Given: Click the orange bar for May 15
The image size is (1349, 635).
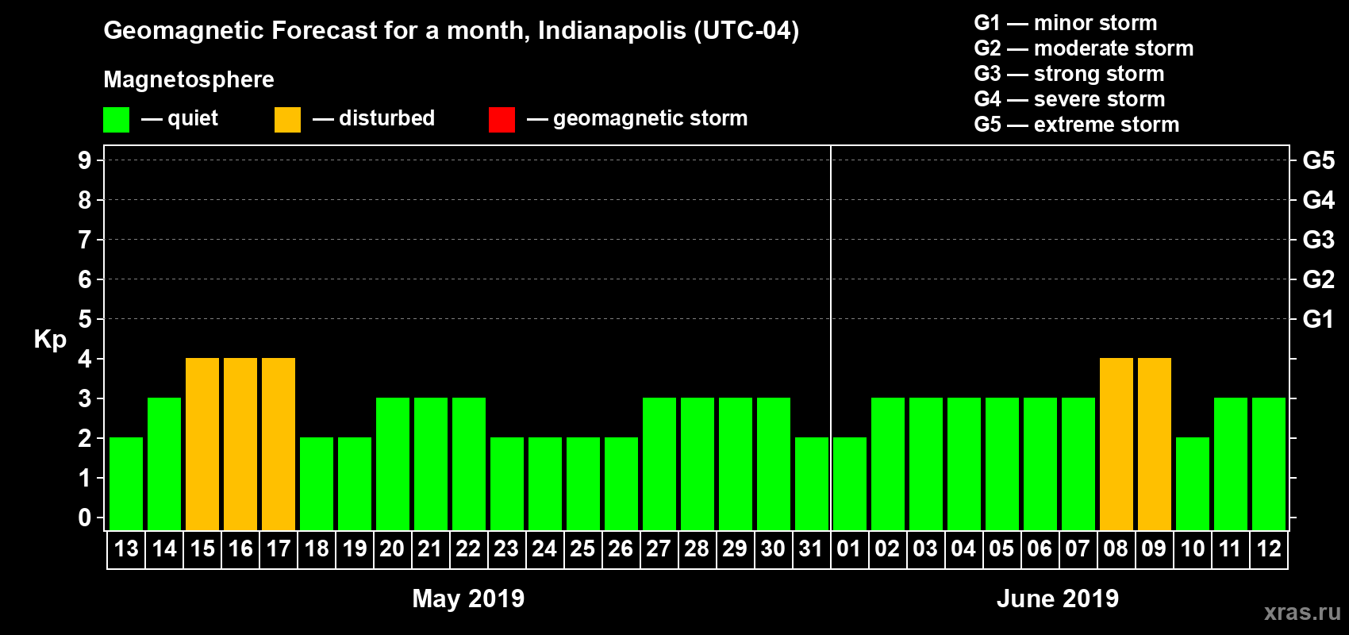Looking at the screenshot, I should pyautogui.click(x=202, y=444).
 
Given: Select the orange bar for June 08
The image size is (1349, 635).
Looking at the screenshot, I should pyautogui.click(x=1116, y=444).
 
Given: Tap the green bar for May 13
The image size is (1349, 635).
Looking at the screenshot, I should pyautogui.click(x=126, y=483).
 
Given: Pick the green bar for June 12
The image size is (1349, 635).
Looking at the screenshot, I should pyautogui.click(x=1269, y=464).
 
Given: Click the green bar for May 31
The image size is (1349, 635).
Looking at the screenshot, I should pyautogui.click(x=812, y=483).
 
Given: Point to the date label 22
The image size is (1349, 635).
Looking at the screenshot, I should pyautogui.click(x=468, y=548).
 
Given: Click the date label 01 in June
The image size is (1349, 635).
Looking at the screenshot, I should pyautogui.click(x=849, y=548).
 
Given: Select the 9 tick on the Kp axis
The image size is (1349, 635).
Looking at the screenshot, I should pyautogui.click(x=85, y=160).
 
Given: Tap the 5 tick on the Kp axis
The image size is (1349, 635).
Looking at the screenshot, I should pyautogui.click(x=85, y=319).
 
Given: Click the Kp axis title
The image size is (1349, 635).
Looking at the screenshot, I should pyautogui.click(x=50, y=339).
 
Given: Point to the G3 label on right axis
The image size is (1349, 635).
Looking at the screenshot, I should pyautogui.click(x=1318, y=240).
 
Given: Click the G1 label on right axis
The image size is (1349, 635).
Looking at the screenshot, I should pyautogui.click(x=1318, y=319).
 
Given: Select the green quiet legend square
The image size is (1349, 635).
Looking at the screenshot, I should pyautogui.click(x=117, y=120).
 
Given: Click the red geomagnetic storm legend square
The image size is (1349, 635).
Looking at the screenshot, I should pyautogui.click(x=502, y=120).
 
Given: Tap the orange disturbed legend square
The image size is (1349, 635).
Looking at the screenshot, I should pyautogui.click(x=287, y=120).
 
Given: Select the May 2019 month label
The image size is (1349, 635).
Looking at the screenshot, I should pyautogui.click(x=468, y=598).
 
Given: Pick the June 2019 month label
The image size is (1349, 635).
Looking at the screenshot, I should pyautogui.click(x=1058, y=598).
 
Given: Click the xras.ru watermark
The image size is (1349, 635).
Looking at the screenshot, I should pyautogui.click(x=1302, y=612).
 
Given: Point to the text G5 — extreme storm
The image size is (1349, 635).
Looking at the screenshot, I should pyautogui.click(x=1076, y=125).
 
